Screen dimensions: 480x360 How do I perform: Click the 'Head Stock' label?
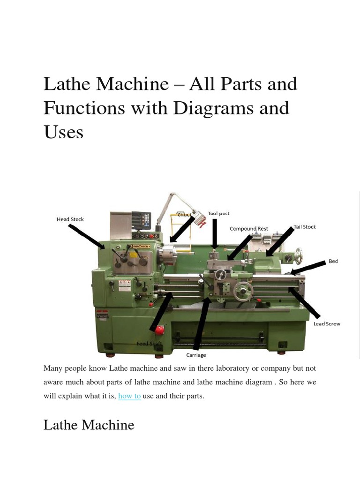(x=70, y=219)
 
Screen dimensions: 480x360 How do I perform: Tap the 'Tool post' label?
(x=218, y=213)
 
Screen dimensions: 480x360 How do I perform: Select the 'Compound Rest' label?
(x=249, y=229)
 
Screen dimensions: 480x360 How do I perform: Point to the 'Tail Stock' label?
(x=305, y=227)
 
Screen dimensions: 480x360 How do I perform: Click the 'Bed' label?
(x=333, y=261)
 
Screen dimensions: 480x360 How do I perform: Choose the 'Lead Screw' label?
(x=327, y=324)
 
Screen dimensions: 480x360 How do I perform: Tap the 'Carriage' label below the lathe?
(x=196, y=355)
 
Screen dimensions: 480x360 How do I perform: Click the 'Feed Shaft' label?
(x=149, y=344)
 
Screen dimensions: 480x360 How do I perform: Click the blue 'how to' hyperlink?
(x=129, y=396)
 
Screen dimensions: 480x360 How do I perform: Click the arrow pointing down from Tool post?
(x=215, y=234)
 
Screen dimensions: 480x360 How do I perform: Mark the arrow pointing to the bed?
(x=307, y=268)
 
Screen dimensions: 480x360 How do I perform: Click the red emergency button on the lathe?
(x=159, y=330)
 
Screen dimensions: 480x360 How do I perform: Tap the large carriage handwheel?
(x=243, y=292)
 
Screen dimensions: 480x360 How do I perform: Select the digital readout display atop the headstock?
(x=141, y=219)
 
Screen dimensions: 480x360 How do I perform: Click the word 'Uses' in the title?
(x=63, y=132)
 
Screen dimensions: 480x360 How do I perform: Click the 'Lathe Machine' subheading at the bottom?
(x=89, y=425)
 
